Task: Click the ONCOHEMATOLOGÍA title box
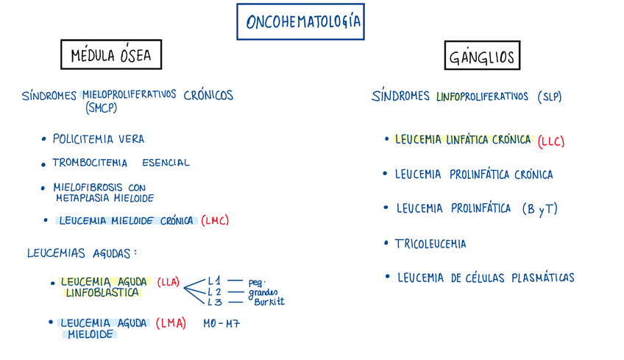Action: (300, 21)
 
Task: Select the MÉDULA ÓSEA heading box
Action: (110, 55)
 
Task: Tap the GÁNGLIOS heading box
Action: (482, 56)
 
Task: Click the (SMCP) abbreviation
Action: (102, 108)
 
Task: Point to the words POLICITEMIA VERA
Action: (99, 138)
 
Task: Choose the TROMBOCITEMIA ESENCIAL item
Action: (121, 163)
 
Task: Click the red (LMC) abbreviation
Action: (215, 220)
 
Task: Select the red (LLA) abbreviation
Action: (169, 281)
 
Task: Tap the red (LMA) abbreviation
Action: (171, 323)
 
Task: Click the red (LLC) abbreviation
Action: (551, 140)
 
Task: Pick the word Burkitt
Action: (269, 301)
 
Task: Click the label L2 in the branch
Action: (214, 292)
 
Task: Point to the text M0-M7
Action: (222, 323)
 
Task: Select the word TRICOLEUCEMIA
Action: (430, 243)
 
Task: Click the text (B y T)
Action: (539, 209)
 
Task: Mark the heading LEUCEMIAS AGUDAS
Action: (82, 253)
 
